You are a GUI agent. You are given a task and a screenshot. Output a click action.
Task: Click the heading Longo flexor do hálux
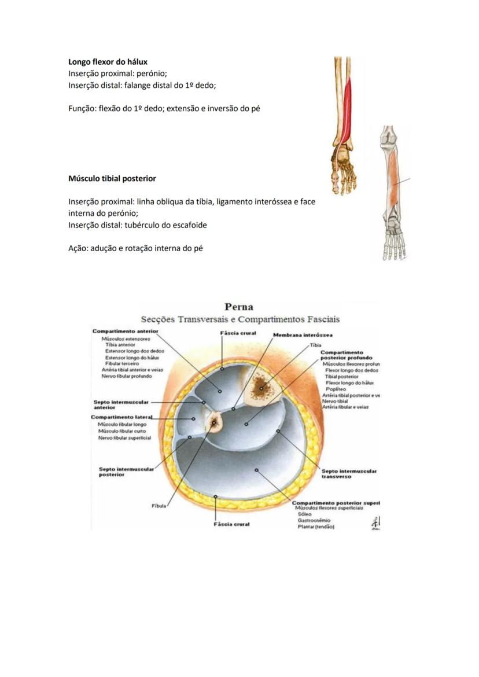(107, 61)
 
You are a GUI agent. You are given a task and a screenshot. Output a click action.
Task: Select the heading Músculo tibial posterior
(112, 178)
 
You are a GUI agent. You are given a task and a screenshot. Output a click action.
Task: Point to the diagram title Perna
(239, 307)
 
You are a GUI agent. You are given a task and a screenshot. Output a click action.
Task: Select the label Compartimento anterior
(125, 331)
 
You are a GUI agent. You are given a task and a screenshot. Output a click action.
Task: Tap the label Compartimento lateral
(121, 417)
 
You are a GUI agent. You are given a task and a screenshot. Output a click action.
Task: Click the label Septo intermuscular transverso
(349, 474)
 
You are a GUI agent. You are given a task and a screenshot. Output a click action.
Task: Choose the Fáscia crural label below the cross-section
(231, 524)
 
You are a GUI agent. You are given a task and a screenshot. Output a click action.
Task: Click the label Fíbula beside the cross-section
(159, 506)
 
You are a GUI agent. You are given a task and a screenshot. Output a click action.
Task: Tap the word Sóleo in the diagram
(304, 514)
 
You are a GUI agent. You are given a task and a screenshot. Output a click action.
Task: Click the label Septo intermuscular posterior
(126, 472)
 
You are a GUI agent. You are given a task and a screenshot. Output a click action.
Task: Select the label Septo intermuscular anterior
(120, 404)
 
